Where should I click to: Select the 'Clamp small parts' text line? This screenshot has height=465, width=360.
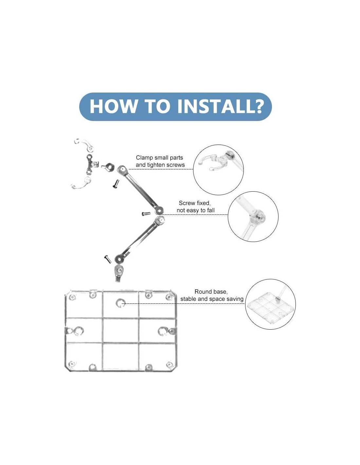159,158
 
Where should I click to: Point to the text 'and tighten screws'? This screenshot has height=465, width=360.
160,165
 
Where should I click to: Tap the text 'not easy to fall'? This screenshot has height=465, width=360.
195,210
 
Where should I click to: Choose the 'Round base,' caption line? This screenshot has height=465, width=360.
211,292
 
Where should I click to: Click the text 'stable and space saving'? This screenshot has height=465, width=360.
212,299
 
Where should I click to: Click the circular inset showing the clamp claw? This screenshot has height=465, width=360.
218,170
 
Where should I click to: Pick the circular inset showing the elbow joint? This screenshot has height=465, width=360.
253,216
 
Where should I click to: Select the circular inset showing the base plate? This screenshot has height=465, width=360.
270,304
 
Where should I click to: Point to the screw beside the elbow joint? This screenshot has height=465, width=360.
146,214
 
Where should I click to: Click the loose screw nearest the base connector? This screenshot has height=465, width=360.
108,259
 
